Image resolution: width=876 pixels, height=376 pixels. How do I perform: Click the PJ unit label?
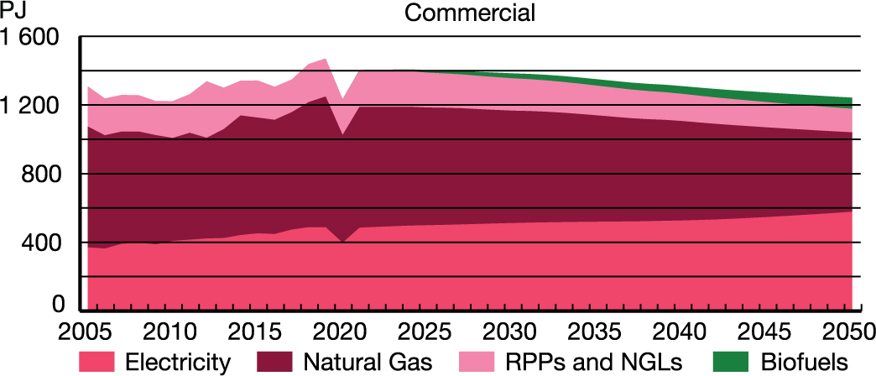point(13,13)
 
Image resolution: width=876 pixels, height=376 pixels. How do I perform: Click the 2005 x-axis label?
point(88,328)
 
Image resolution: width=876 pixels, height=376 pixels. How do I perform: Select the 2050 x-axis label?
point(847,328)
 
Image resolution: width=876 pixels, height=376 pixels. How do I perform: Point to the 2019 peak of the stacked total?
point(326,60)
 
